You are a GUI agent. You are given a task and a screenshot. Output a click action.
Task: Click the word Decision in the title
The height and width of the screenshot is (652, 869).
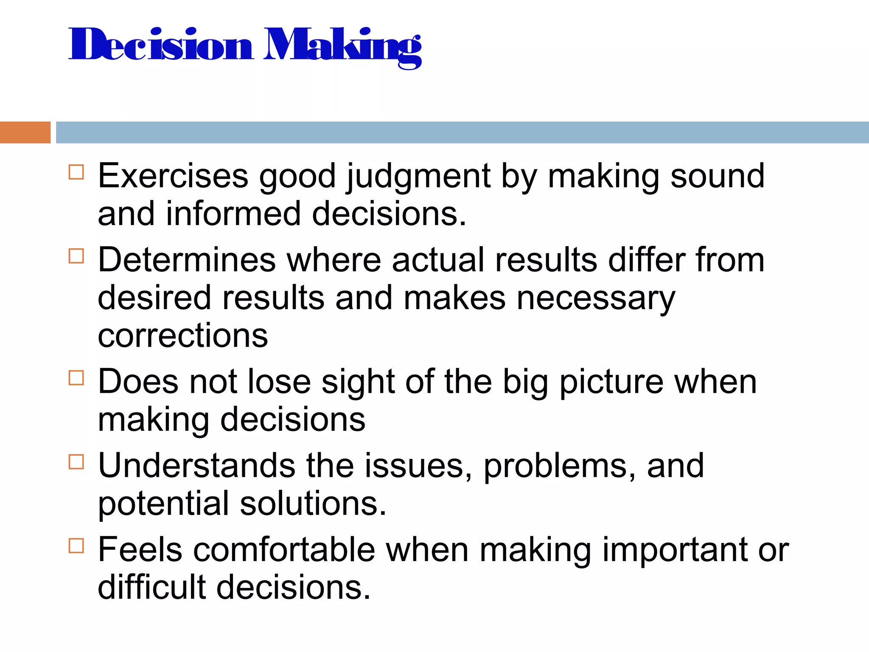(x=161, y=45)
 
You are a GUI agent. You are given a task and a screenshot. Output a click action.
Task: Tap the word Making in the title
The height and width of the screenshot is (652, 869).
(x=342, y=46)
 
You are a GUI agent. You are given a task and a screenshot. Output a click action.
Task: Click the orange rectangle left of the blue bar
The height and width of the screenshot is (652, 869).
(x=25, y=132)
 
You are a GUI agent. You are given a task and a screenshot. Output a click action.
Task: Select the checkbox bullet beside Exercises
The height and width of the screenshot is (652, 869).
(x=76, y=172)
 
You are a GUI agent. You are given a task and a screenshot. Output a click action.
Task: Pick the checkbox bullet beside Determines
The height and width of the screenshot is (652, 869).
(x=76, y=256)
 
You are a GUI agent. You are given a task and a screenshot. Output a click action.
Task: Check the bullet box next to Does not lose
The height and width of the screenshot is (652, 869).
(x=76, y=377)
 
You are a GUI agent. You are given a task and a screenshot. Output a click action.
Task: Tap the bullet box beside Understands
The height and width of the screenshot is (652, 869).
(x=76, y=461)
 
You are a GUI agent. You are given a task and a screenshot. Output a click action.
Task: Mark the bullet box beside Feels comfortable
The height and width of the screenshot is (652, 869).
(x=76, y=545)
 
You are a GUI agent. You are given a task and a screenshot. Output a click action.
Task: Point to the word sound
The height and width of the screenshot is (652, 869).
(x=717, y=176)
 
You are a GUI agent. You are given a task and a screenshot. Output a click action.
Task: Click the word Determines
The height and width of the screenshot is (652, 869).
(x=187, y=260)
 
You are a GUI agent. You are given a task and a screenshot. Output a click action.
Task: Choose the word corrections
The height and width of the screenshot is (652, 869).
(x=183, y=335)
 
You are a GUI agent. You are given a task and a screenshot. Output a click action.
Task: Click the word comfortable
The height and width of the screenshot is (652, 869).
(x=284, y=550)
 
